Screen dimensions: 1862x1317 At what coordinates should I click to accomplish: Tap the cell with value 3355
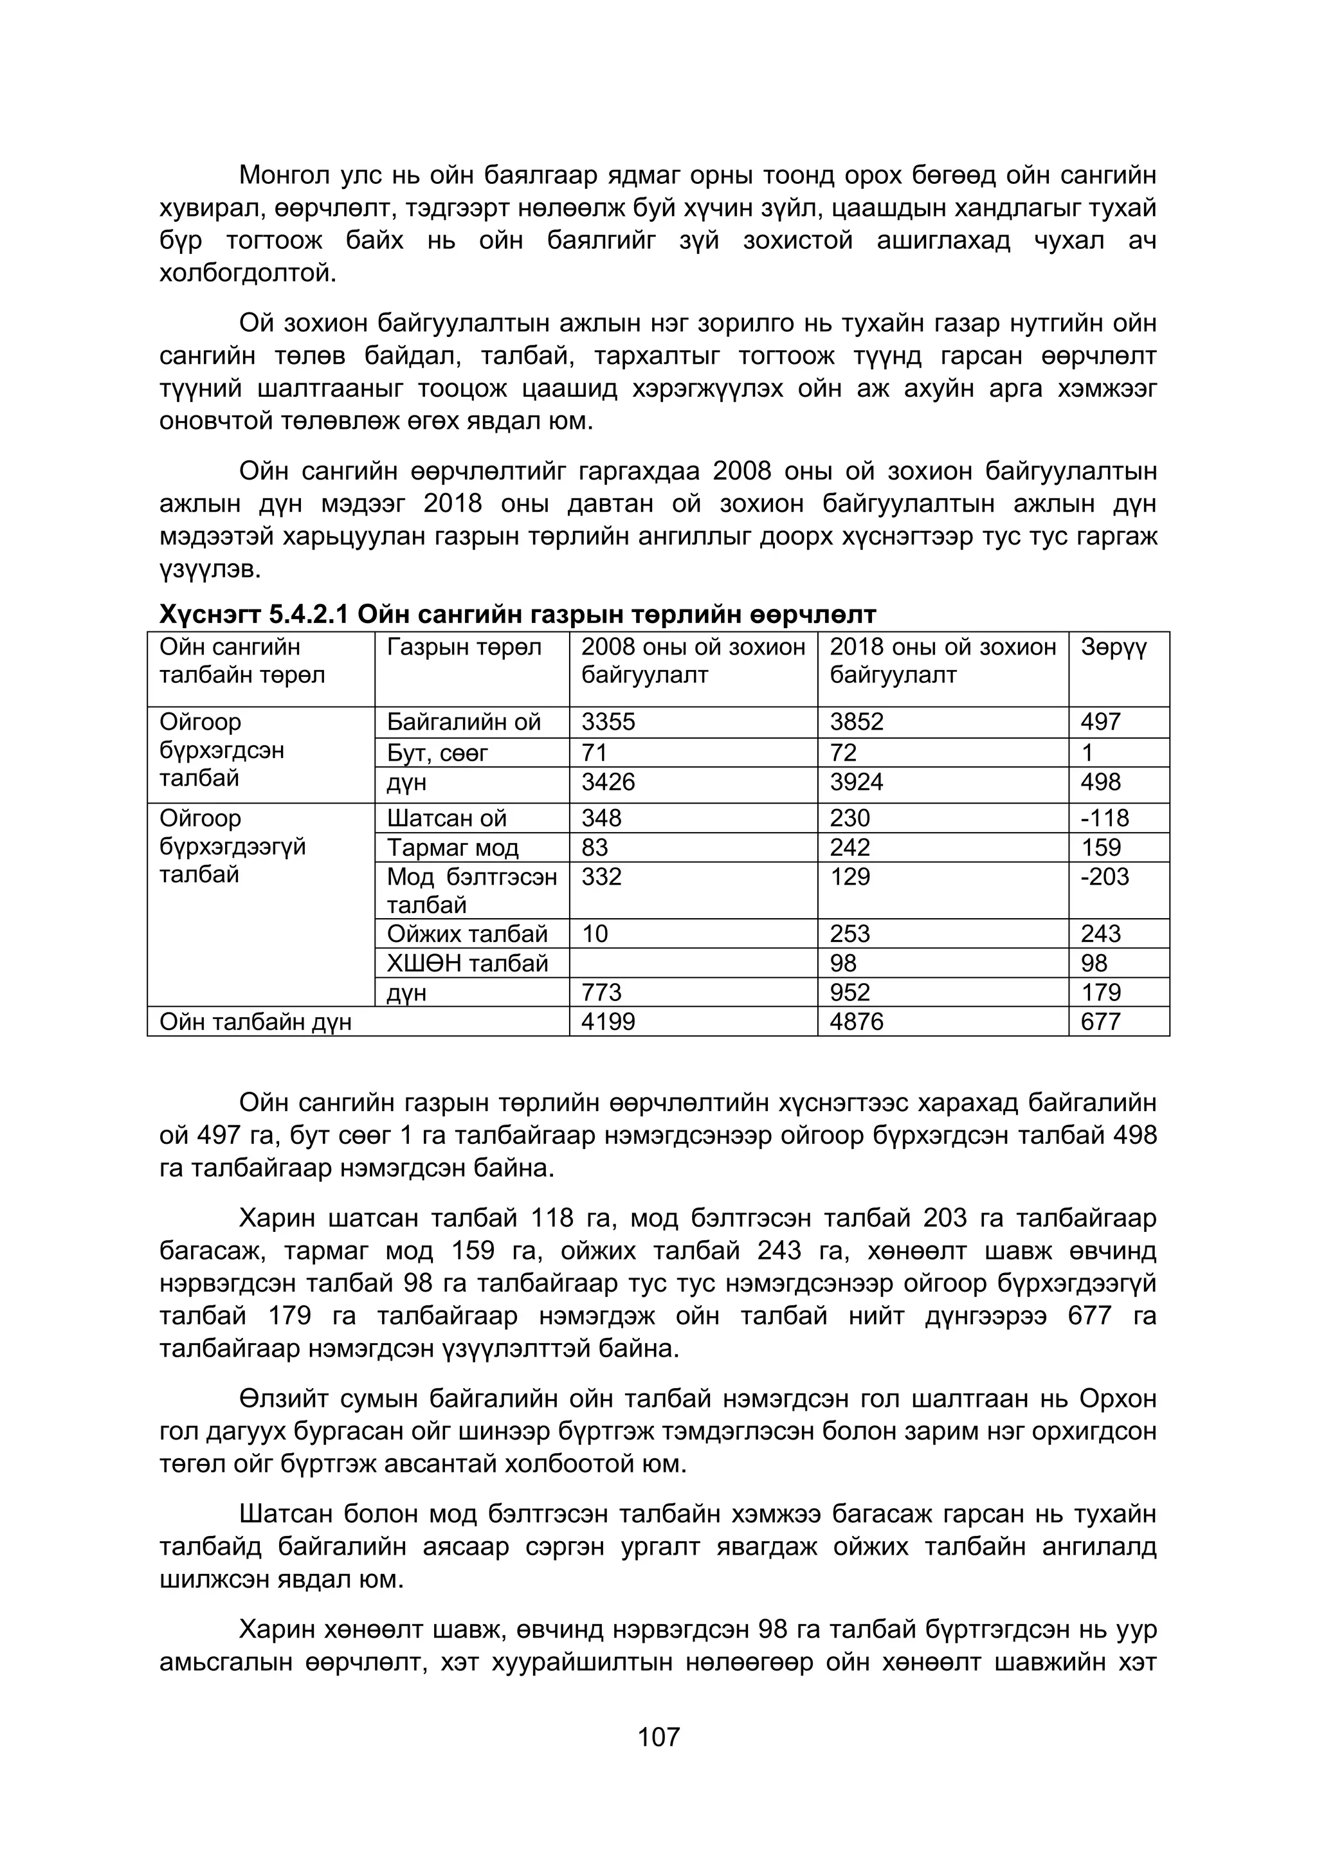[x=608, y=722]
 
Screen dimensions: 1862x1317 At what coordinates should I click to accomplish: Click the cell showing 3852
[x=857, y=722]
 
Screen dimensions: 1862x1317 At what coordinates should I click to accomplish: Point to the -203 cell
[x=1105, y=876]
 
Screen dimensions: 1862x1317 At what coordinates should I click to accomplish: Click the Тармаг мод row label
[x=453, y=847]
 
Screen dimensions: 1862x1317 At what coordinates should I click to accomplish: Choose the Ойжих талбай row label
[x=467, y=934]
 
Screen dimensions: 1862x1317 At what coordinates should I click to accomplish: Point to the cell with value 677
[x=1100, y=1022]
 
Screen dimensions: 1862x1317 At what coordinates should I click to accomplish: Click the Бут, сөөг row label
[x=437, y=753]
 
